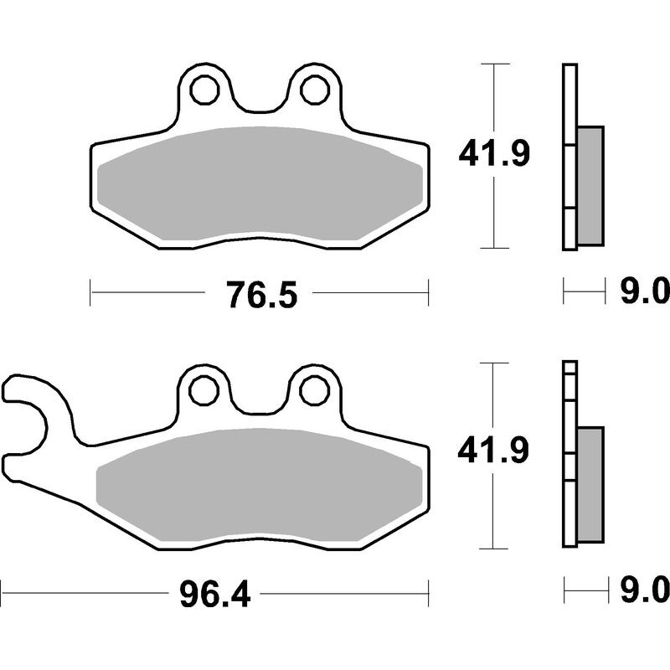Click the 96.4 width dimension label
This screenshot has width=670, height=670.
(215, 595)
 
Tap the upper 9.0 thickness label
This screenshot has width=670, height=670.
(644, 293)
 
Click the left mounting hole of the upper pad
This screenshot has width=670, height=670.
(203, 88)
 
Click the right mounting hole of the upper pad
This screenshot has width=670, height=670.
(315, 88)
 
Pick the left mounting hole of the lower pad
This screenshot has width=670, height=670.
(203, 389)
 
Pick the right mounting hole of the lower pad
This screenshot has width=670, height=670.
(315, 389)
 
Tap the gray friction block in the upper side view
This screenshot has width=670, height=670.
(590, 185)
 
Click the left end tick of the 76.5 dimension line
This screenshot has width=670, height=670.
(90, 293)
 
